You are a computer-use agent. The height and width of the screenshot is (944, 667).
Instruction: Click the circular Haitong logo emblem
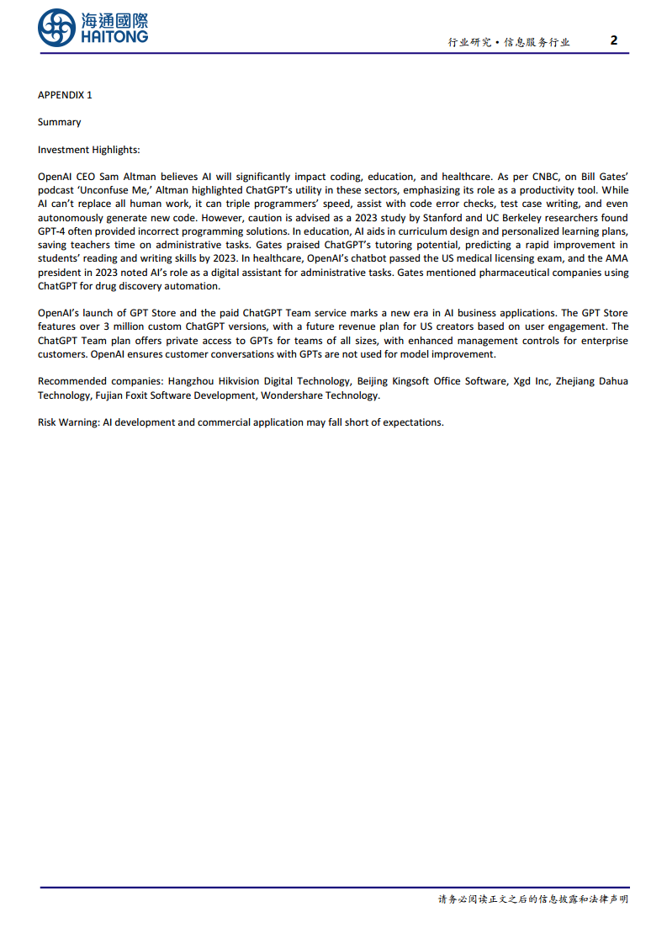tap(56, 28)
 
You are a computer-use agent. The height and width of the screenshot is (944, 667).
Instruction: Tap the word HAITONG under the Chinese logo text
tap(115, 36)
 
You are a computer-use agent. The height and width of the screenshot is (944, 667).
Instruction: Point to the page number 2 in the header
tap(614, 40)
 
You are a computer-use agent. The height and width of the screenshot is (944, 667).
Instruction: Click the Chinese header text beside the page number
tap(508, 42)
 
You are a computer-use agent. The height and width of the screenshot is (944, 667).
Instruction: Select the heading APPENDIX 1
tap(65, 95)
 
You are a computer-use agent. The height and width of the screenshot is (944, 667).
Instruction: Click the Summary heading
tap(59, 122)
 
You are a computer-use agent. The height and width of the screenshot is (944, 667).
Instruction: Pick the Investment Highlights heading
tap(88, 150)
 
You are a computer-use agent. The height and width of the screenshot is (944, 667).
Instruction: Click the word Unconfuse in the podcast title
tap(113, 191)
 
